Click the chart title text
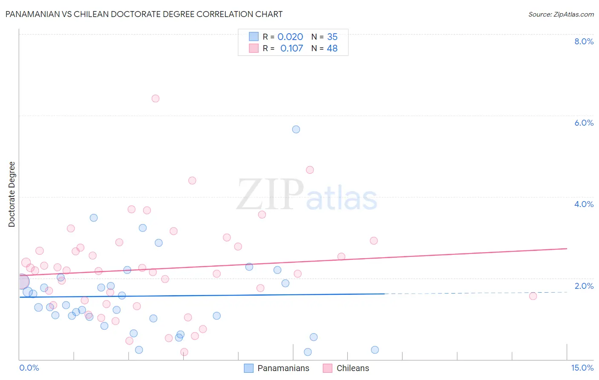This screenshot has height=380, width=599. click(144, 14)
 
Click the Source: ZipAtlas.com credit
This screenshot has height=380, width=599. click(561, 14)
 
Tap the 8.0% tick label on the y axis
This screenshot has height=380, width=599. click(584, 41)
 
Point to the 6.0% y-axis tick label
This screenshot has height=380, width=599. click(584, 123)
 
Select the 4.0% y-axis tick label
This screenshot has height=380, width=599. click(584, 204)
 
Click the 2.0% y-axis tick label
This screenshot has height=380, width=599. click(584, 286)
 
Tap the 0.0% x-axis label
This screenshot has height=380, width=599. click(29, 368)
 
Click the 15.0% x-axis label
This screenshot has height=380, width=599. click(582, 368)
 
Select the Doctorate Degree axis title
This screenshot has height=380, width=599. click(12, 194)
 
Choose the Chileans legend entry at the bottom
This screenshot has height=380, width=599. click(346, 368)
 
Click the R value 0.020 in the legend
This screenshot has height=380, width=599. click(290, 37)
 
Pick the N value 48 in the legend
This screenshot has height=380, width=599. click(332, 49)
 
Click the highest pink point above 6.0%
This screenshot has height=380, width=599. click(156, 98)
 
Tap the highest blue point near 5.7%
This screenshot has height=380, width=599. click(296, 129)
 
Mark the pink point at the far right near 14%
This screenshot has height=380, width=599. click(533, 296)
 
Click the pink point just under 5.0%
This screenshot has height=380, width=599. click(310, 170)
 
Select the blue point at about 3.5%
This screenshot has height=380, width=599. click(94, 218)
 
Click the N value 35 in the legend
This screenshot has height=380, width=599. click(332, 37)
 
